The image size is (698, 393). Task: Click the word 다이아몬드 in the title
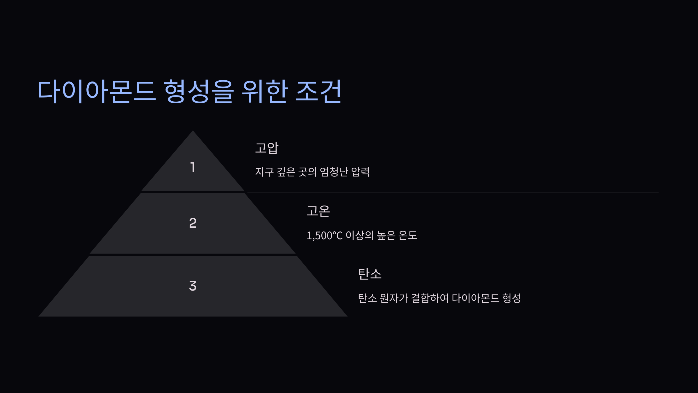[x=97, y=91]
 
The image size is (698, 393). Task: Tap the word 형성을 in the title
[x=199, y=91]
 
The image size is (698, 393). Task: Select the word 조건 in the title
[x=318, y=91]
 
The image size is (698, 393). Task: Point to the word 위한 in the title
[x=265, y=91]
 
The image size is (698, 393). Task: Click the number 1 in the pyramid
[x=193, y=167]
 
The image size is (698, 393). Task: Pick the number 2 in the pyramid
[x=193, y=223]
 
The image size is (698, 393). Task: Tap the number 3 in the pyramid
[x=193, y=286]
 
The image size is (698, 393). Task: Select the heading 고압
[x=267, y=148]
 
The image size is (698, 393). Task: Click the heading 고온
[x=318, y=211]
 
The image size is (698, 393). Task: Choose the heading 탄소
[x=370, y=274]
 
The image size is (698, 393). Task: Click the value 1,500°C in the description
[x=325, y=236]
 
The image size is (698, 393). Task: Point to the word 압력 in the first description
[x=360, y=172]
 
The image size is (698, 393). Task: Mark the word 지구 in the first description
[x=264, y=172]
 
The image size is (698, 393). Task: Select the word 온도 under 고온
[x=408, y=235]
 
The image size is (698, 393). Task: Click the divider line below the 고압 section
[x=453, y=192]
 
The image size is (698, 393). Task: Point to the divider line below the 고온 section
[x=478, y=255]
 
